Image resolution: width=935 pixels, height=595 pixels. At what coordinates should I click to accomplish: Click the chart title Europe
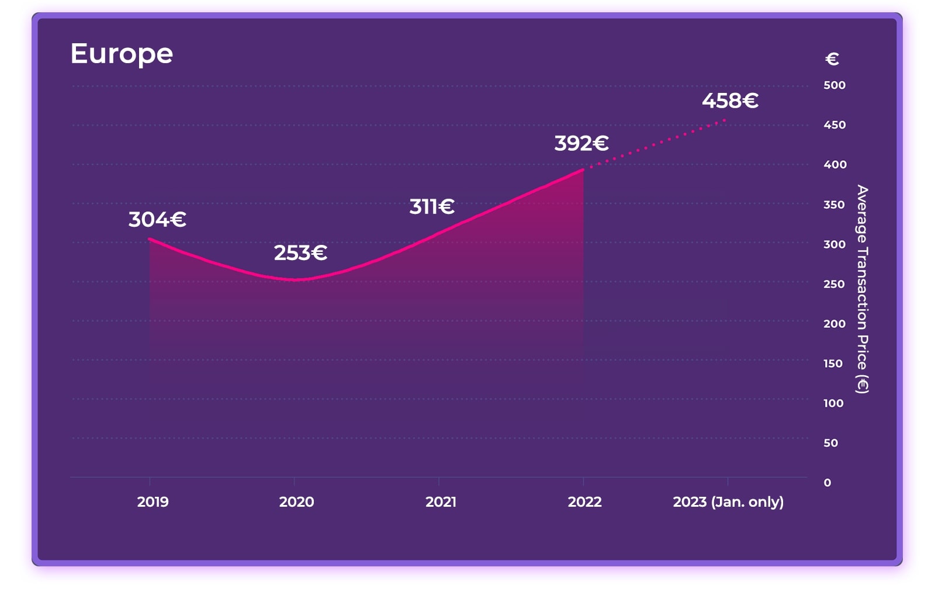(x=122, y=54)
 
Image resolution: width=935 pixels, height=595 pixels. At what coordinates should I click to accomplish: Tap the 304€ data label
(x=157, y=220)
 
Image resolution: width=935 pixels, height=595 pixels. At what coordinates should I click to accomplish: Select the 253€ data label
(x=300, y=253)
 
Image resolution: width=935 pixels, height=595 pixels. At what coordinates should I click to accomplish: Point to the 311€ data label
(x=432, y=206)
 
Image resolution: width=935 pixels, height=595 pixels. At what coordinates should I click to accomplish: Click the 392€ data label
(x=581, y=143)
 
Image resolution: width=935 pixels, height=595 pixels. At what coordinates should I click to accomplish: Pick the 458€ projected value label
(x=730, y=101)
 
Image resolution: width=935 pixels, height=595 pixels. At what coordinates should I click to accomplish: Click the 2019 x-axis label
(x=153, y=502)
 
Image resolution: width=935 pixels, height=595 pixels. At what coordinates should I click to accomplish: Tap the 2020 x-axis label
(x=296, y=502)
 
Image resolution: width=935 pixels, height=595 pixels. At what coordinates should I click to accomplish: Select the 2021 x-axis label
(x=441, y=502)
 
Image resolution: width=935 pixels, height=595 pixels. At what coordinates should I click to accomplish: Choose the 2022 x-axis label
(x=584, y=502)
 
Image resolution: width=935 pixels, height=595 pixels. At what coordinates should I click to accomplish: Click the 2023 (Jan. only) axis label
(x=728, y=502)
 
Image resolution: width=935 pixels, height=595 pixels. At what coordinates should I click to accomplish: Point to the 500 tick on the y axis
(x=834, y=85)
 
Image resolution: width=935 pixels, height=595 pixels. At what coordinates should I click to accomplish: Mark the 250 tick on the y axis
(x=834, y=284)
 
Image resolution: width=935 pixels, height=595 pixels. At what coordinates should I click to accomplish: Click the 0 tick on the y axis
(x=827, y=483)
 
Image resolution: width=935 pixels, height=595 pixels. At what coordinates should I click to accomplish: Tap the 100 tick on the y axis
(x=833, y=403)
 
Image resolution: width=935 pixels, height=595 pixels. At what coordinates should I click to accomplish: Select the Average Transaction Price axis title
(x=863, y=289)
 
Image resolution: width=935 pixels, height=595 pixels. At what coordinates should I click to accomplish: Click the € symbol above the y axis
(x=832, y=59)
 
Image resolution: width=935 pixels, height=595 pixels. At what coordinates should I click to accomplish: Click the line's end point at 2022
(x=583, y=169)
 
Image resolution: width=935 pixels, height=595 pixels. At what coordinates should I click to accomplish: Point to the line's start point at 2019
(x=150, y=238)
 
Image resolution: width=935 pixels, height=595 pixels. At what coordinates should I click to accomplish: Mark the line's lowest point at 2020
(x=294, y=280)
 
